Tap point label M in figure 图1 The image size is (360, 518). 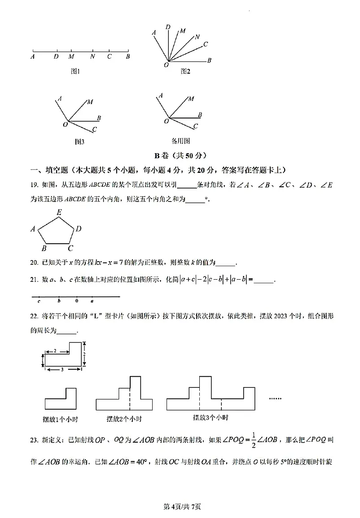71,57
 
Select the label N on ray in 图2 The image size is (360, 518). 197,37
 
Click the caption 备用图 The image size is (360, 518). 181,141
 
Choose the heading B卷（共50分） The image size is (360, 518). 180,156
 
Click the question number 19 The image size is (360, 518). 34,185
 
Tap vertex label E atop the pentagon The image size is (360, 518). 59,212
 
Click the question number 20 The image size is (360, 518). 34,263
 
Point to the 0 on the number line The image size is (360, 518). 77,301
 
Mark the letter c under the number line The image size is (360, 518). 39,301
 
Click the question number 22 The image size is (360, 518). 34,316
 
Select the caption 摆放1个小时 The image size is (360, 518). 58,419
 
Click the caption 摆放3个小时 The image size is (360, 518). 210,417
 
